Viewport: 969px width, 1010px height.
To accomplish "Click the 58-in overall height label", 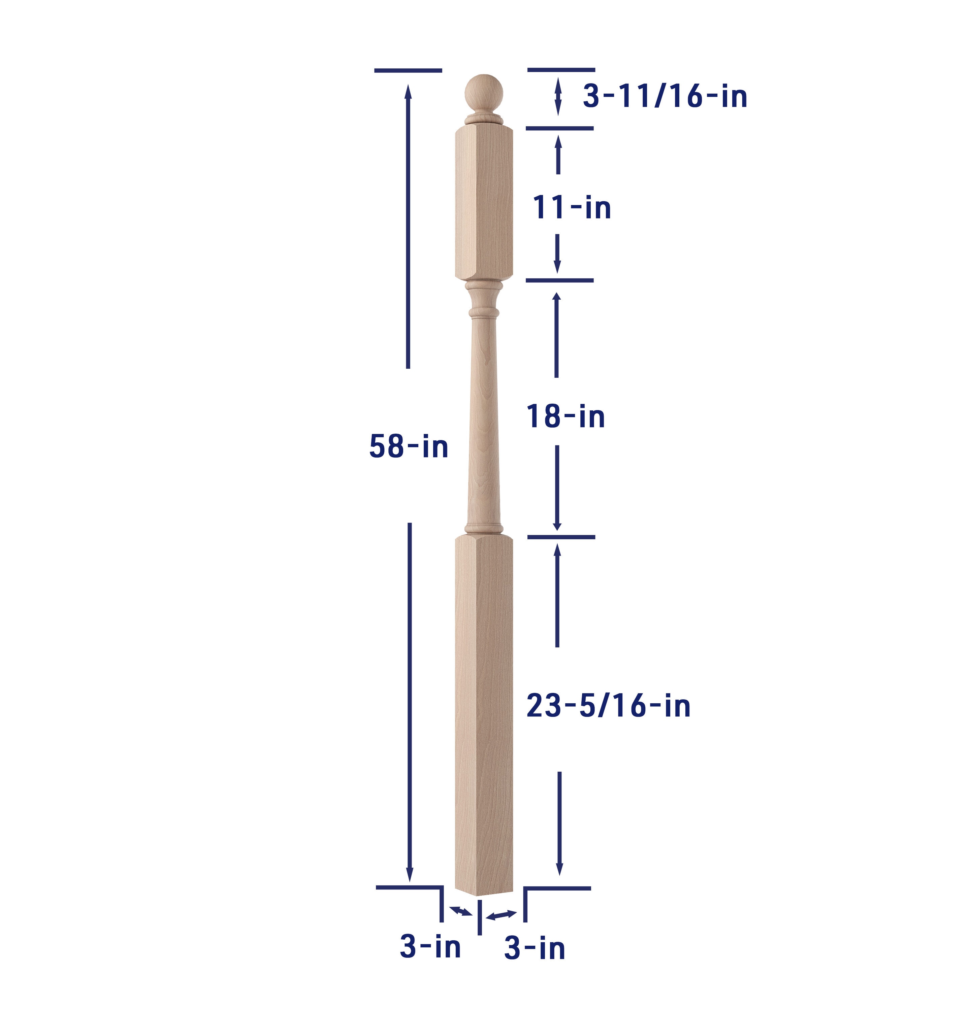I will point(408,446).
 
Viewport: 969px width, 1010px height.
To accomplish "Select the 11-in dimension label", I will point(571,208).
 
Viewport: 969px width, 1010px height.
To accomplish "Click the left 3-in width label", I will point(430,947).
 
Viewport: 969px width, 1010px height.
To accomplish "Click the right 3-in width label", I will point(535,948).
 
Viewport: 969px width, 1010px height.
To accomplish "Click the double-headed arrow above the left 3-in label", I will point(460,911).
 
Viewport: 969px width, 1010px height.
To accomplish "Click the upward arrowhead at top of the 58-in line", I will point(408,92).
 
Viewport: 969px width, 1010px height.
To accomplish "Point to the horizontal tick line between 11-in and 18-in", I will point(559,280).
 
